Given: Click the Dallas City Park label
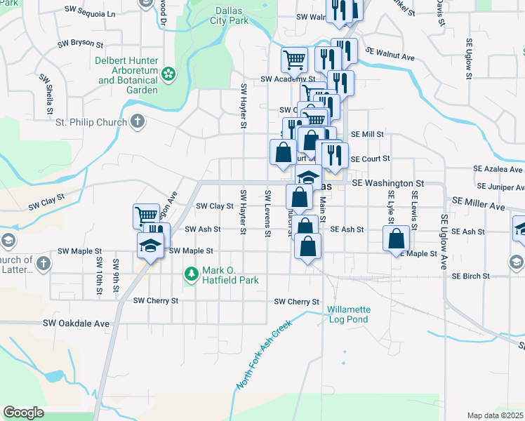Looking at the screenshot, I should point(230,16).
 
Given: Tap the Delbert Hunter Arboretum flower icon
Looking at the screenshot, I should point(168,73).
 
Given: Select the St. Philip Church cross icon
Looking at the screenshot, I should point(137,121).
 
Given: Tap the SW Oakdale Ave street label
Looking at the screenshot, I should point(77,323).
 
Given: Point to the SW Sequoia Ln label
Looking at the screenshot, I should point(89,13).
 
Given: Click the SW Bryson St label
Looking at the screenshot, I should point(83,43).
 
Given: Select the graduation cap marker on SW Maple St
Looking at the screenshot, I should point(149,246).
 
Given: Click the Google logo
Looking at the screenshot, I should point(23,413).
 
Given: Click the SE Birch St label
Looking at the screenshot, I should point(471,276).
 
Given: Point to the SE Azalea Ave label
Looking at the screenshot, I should point(498,169).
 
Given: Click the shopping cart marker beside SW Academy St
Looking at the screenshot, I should point(294,60).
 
